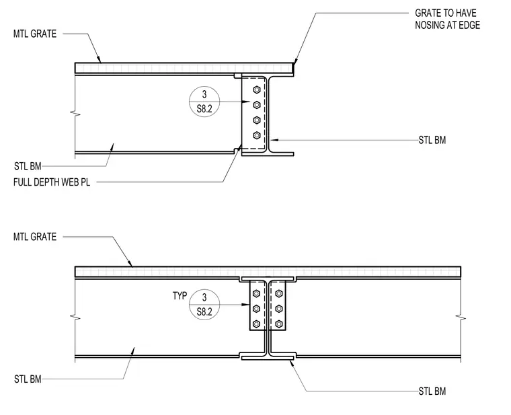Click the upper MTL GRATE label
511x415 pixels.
click(x=35, y=34)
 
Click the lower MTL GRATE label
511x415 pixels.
click(x=35, y=237)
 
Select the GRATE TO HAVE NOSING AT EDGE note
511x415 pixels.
click(x=447, y=19)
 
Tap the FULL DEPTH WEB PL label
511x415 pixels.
click(x=52, y=182)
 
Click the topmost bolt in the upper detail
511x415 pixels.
click(x=257, y=89)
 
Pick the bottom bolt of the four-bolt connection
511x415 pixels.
click(x=257, y=135)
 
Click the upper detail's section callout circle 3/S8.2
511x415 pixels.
click(x=204, y=102)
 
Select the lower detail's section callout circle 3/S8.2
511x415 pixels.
click(x=204, y=305)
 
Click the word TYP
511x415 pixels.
click(x=180, y=296)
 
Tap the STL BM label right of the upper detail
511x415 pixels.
click(x=432, y=140)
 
